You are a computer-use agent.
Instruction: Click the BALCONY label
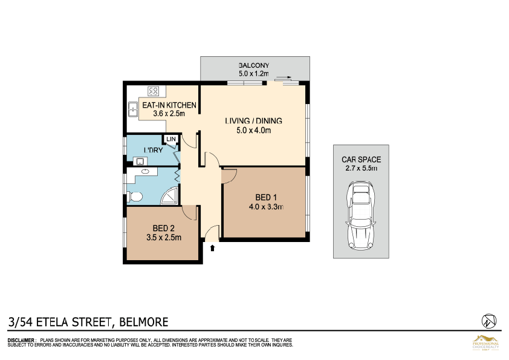click(253, 65)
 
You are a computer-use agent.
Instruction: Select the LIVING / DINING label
click(253, 121)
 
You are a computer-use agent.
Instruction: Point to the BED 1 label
click(266, 198)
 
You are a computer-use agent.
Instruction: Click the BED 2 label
click(163, 228)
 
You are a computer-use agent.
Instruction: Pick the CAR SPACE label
click(361, 160)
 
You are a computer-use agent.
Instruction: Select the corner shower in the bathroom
click(172, 195)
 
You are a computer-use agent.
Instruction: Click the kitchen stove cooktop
click(154, 92)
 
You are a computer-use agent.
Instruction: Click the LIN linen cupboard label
click(171, 139)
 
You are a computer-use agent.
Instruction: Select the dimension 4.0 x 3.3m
click(266, 206)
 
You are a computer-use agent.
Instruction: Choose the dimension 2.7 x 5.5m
click(361, 168)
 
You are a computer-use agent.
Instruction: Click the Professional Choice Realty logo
click(485, 342)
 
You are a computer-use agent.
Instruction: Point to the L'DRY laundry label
click(152, 149)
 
